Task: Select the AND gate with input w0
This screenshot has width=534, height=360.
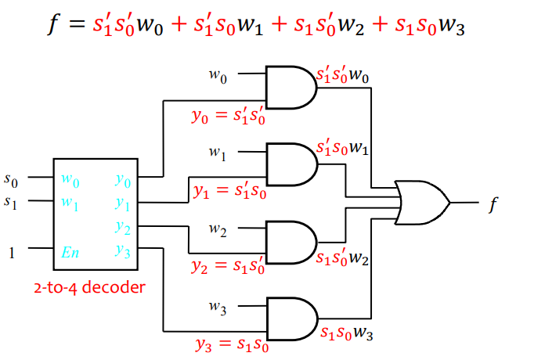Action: pyautogui.click(x=290, y=87)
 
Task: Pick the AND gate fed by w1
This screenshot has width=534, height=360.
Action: pyautogui.click(x=290, y=163)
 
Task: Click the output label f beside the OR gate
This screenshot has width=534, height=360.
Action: pyautogui.click(x=493, y=205)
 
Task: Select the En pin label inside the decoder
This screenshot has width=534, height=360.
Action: pyautogui.click(x=69, y=252)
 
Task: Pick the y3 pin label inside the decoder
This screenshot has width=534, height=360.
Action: pyautogui.click(x=121, y=250)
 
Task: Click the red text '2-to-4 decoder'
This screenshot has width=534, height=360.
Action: pyautogui.click(x=89, y=287)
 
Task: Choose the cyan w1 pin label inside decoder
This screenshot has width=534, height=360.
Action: pyautogui.click(x=69, y=202)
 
